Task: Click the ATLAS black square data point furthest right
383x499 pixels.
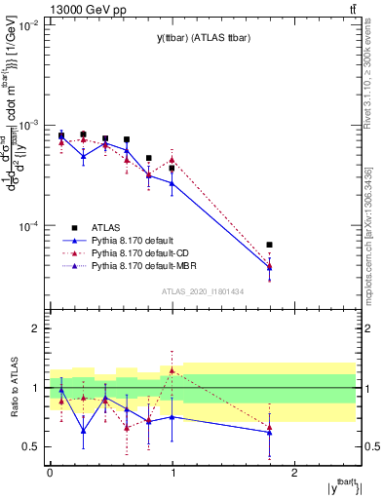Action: (x=269, y=245)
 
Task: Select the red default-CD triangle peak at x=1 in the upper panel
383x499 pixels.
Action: (x=172, y=159)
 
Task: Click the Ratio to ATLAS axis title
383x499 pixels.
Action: (x=14, y=388)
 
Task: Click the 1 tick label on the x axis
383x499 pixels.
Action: (x=172, y=473)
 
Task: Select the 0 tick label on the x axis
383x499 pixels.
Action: (x=50, y=473)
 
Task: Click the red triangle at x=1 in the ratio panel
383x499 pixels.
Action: (x=172, y=370)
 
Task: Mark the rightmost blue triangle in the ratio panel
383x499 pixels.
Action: (x=269, y=432)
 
